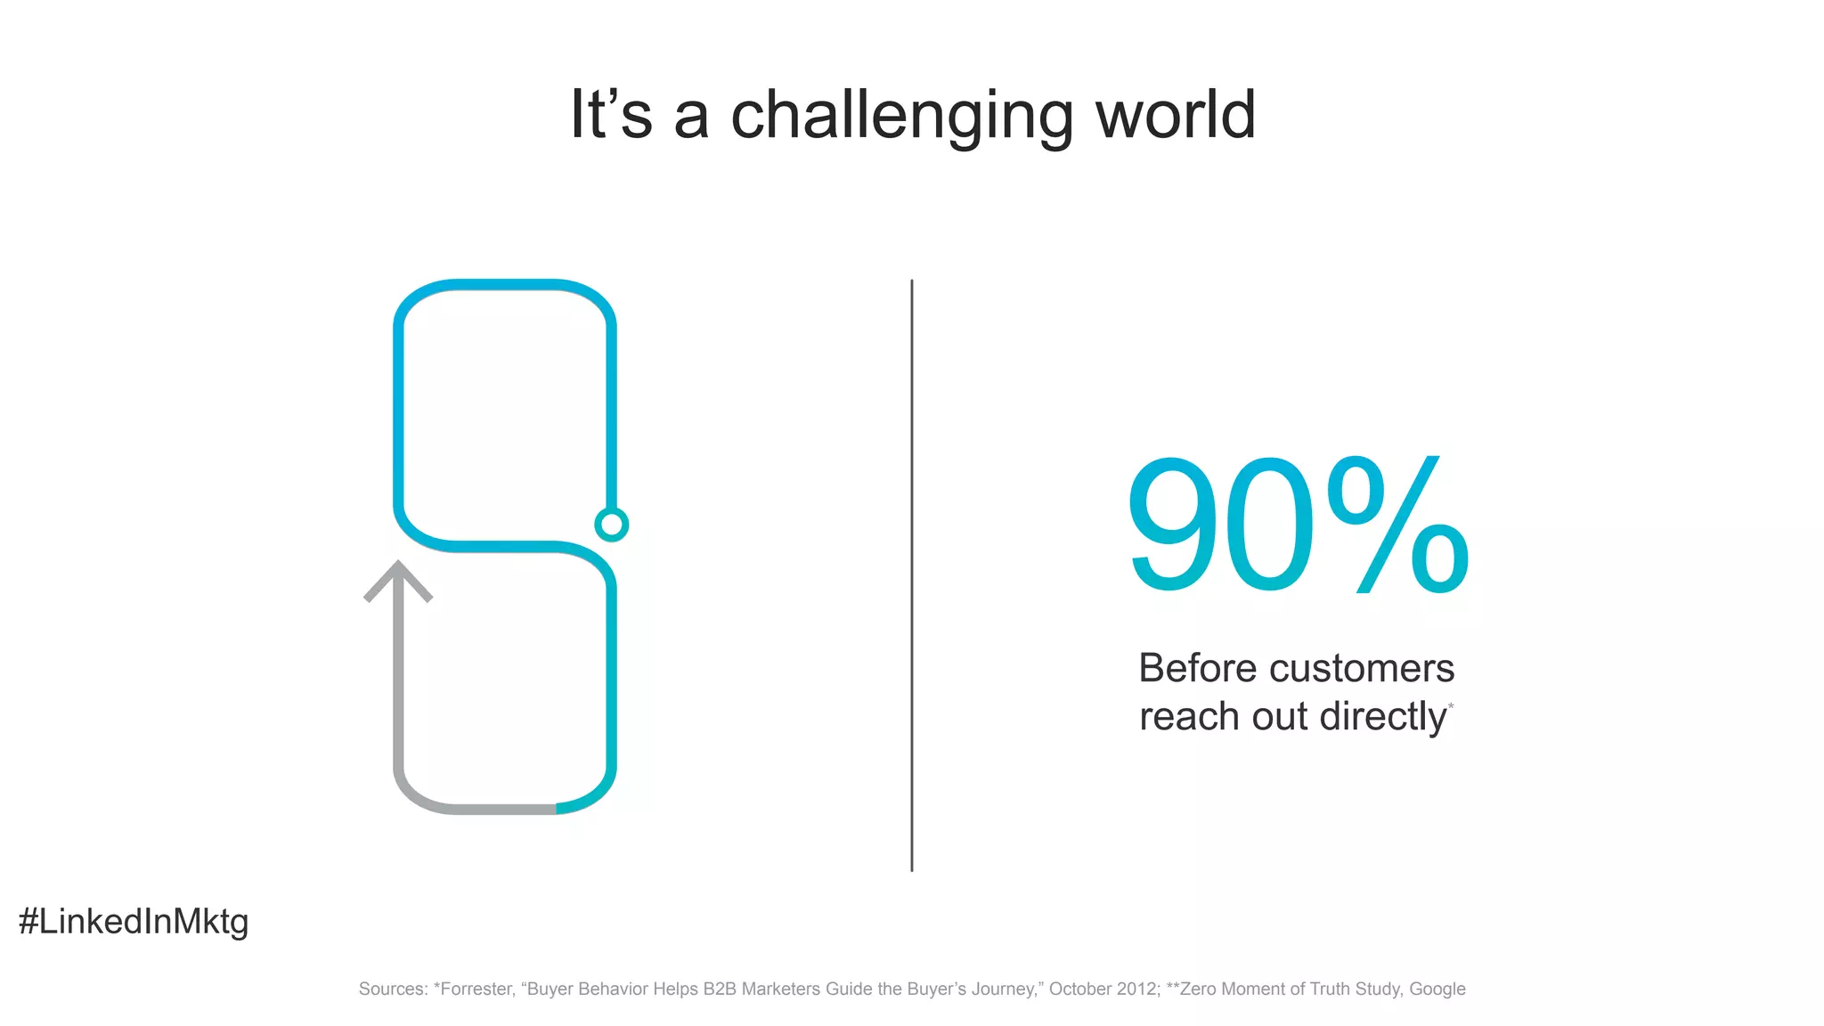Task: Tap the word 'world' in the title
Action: [1175, 115]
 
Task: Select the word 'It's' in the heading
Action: [611, 115]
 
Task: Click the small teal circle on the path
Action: [611, 525]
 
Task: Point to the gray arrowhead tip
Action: [398, 565]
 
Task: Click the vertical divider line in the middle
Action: [911, 574]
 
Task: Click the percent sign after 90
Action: [1397, 525]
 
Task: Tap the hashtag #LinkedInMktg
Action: [134, 921]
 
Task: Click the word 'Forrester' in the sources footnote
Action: [476, 989]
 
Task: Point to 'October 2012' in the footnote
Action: [1103, 989]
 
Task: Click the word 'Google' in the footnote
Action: [1437, 989]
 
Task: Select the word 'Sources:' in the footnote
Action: [393, 989]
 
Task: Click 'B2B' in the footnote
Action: [720, 989]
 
